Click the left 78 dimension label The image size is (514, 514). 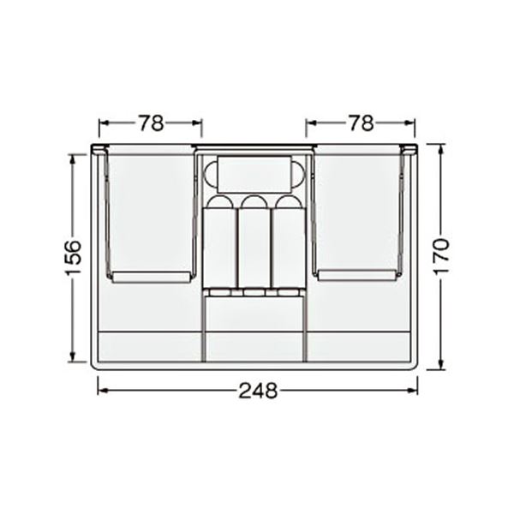pos(151,123)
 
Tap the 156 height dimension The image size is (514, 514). pos(74,258)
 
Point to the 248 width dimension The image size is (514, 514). pos(258,391)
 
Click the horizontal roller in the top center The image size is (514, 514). pos(254,174)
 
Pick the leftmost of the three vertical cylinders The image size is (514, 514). pos(219,242)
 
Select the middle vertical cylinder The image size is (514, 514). pos(254,242)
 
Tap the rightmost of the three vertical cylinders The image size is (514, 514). pos(289,242)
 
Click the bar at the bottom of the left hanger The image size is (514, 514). pos(151,278)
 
